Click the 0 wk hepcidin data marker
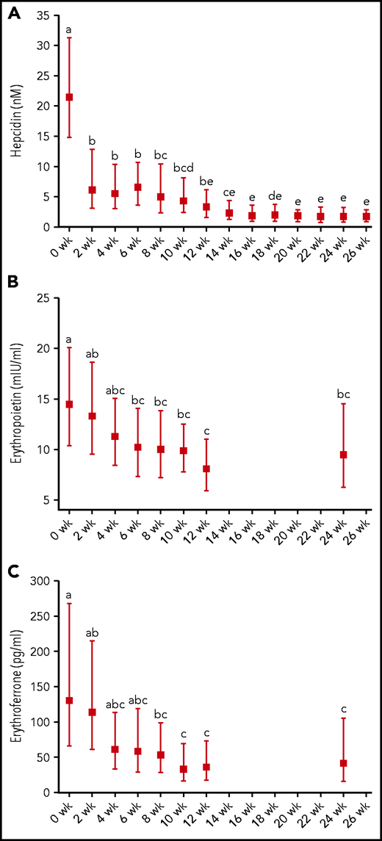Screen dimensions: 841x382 click(69, 97)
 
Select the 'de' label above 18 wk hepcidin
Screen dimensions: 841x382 click(275, 195)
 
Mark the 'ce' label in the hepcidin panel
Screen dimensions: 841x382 click(229, 192)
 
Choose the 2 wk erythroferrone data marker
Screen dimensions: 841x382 click(92, 712)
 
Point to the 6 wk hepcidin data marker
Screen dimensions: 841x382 click(137, 187)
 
